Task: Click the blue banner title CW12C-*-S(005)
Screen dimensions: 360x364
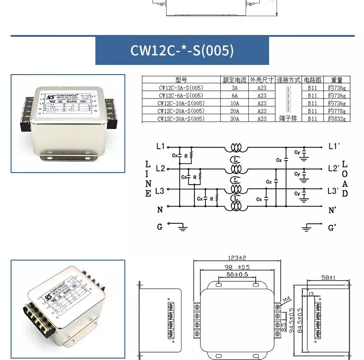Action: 182,50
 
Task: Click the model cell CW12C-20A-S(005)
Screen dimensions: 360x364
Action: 181,111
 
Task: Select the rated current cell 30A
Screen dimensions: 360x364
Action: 235,119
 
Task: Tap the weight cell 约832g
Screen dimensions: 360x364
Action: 336,119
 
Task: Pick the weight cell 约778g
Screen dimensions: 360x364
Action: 336,111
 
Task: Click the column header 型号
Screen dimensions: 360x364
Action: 181,80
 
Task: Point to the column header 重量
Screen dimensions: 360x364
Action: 336,80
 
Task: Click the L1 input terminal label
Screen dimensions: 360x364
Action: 160,146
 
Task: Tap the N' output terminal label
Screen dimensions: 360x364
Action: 332,210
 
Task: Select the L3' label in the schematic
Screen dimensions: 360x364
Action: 333,190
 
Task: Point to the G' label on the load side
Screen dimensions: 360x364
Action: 332,227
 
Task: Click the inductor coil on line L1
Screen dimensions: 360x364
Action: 235,148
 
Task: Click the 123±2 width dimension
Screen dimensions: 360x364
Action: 237,258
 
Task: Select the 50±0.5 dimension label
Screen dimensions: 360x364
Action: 237,275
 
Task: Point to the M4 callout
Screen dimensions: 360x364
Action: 286,300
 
